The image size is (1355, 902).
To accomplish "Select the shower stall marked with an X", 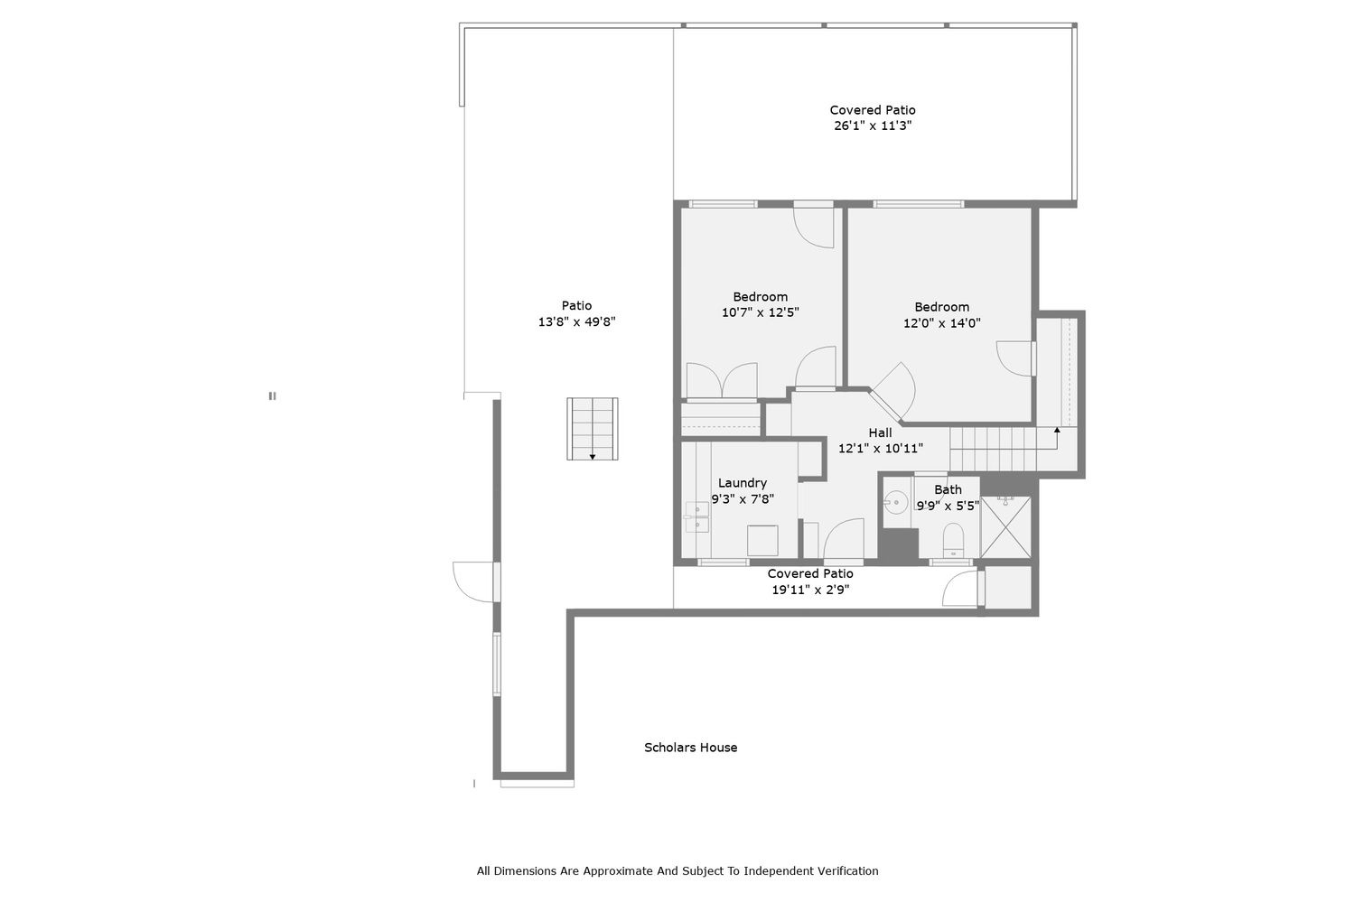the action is [x=1005, y=526].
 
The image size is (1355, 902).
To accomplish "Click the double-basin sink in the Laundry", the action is [x=696, y=516].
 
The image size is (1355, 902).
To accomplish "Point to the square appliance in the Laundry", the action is [x=762, y=541].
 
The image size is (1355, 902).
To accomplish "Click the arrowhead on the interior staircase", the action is [x=1057, y=431].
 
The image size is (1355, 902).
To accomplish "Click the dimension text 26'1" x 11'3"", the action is [x=873, y=126].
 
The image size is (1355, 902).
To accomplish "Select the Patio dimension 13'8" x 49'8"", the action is [x=576, y=321].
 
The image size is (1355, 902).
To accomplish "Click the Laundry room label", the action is [x=743, y=483].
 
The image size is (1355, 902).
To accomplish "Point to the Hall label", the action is [x=880, y=432].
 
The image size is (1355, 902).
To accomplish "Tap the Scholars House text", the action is [x=691, y=748].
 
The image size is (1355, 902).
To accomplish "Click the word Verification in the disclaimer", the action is [x=848, y=871].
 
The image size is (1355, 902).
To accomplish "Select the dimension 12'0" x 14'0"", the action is [x=942, y=323].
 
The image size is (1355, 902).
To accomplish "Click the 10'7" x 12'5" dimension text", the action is [x=761, y=312].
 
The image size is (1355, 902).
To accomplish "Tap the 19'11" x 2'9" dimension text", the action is [x=810, y=590].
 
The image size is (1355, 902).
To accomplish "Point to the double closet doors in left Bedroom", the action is [x=722, y=380].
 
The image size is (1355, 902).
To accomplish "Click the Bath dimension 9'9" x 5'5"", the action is [x=948, y=506].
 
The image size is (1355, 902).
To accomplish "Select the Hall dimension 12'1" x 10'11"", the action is [x=881, y=449].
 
